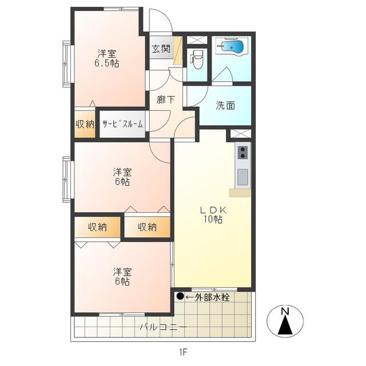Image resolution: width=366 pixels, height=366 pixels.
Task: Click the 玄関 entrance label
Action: click(161, 49)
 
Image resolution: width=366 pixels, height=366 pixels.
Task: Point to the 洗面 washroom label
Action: click(225, 105)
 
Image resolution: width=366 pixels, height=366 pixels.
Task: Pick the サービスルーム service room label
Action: click(122, 124)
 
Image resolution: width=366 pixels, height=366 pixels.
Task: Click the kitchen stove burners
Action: click(243, 152)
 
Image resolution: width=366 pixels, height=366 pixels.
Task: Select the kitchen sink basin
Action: click(242, 177)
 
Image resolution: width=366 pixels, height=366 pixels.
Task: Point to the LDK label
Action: click(213, 210)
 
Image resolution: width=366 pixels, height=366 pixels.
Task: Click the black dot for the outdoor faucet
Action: click(180, 296)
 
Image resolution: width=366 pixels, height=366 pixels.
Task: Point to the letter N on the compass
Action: click(284, 311)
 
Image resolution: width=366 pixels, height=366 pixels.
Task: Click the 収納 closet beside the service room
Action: click(85, 124)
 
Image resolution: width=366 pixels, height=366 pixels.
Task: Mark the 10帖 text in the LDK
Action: click(213, 220)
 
